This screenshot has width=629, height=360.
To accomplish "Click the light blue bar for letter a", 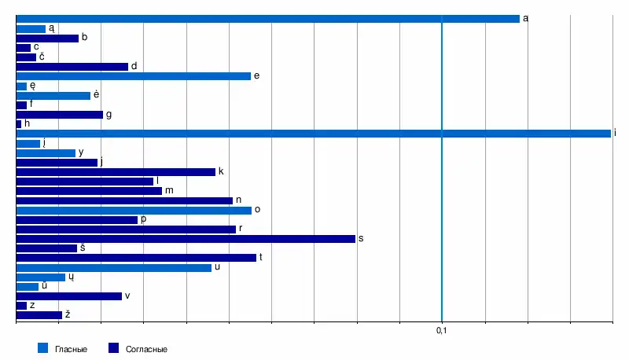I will pyautogui.click(x=267, y=19).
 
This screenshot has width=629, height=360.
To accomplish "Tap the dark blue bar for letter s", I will pyautogui.click(x=186, y=239).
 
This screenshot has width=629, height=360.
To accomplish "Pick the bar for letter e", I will pyautogui.click(x=133, y=76).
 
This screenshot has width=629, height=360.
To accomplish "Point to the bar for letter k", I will pyautogui.click(x=116, y=172).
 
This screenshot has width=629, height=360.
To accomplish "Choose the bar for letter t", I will pyautogui.click(x=136, y=258).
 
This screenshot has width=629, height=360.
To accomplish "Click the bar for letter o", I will pyautogui.click(x=134, y=211).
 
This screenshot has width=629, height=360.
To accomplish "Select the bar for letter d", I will pyautogui.click(x=72, y=67).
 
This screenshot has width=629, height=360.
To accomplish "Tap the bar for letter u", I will pyautogui.click(x=113, y=268).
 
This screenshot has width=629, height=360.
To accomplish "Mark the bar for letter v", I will pyautogui.click(x=68, y=296).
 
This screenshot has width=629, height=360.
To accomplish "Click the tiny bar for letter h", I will pyautogui.click(x=18, y=124).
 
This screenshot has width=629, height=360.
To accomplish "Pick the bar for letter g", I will pyautogui.click(x=59, y=115).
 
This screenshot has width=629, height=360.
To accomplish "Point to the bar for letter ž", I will pyautogui.click(x=39, y=315).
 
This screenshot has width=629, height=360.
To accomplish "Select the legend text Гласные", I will pyautogui.click(x=71, y=349).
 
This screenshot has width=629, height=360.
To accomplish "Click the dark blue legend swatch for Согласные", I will pyautogui.click(x=112, y=348).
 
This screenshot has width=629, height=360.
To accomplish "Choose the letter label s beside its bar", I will pyautogui.click(x=360, y=238).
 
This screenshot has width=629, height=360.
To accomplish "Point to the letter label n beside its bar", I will pyautogui.click(x=237, y=200).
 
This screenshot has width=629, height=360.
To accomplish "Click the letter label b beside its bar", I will pyautogui.click(x=84, y=38).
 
